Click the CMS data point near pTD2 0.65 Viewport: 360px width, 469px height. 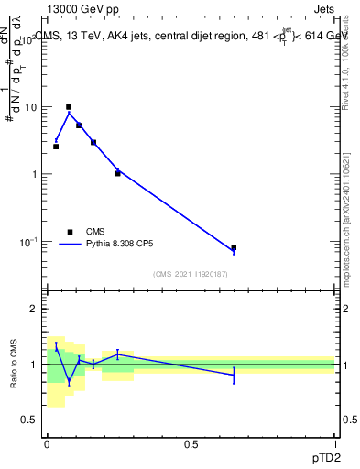(x=234, y=247)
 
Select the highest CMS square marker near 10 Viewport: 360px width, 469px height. (x=69, y=107)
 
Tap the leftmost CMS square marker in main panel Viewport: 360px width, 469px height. (x=56, y=147)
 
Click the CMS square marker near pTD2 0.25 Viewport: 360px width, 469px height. (x=117, y=173)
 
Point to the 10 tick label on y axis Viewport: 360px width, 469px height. (x=29, y=107)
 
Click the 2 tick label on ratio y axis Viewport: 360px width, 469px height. (x=33, y=310)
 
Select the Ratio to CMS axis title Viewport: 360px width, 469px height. (x=13, y=365)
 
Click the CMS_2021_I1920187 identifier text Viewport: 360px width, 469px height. (x=191, y=274)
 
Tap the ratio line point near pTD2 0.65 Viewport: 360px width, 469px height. (x=234, y=375)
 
